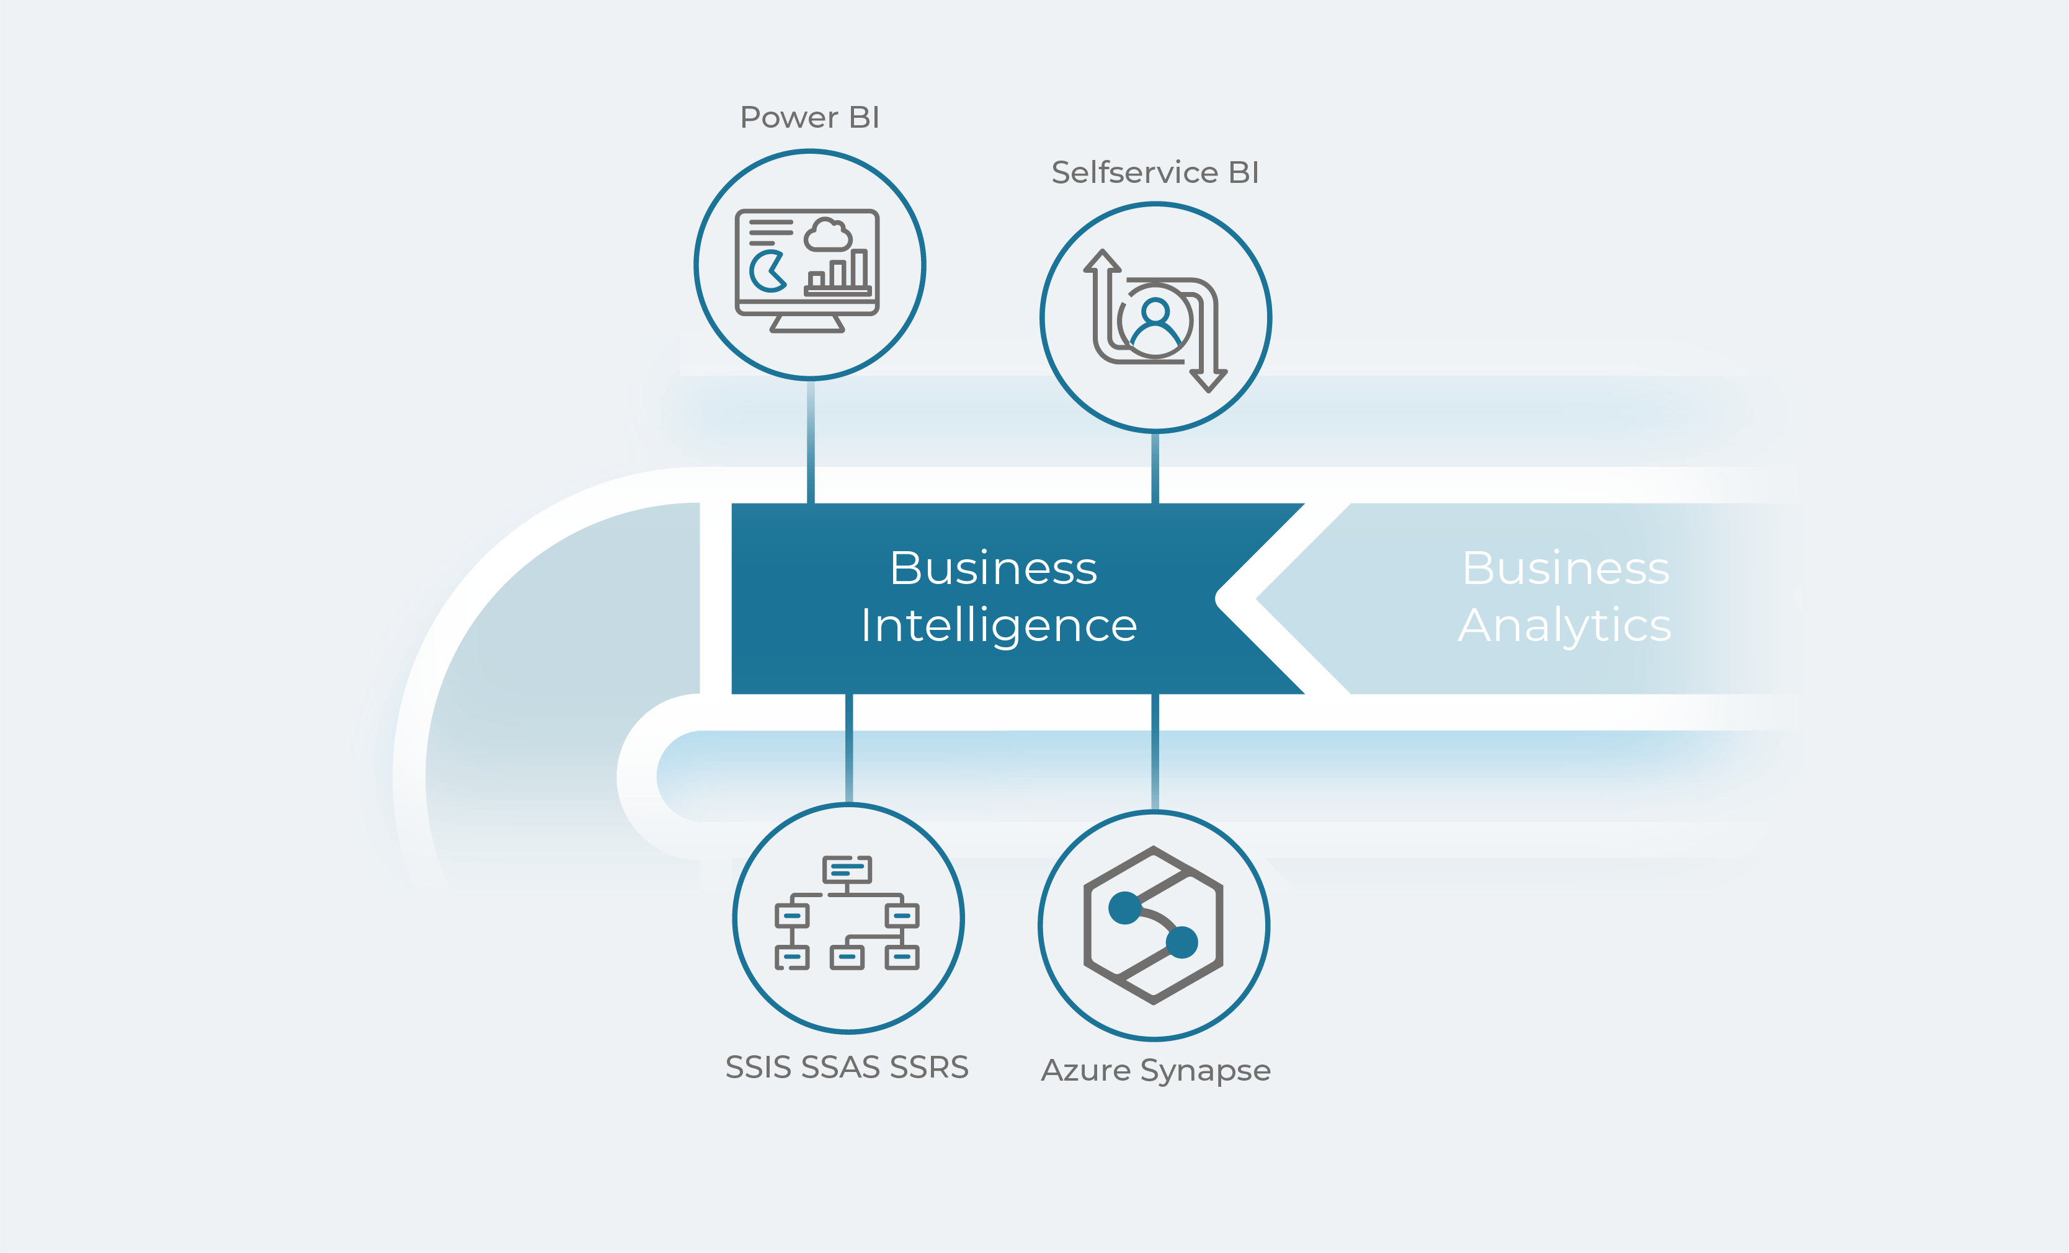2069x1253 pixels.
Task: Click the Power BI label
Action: click(x=809, y=118)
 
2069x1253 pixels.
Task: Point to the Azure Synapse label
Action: click(x=1156, y=1071)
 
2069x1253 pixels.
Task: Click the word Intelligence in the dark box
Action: click(x=999, y=626)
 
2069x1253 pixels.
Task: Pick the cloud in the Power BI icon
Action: click(x=828, y=234)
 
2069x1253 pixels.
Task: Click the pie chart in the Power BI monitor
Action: click(x=767, y=270)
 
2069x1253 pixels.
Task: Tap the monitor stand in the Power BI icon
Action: click(x=807, y=324)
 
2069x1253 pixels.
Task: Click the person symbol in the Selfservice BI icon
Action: click(x=1155, y=323)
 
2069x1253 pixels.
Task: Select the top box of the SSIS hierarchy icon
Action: click(x=847, y=869)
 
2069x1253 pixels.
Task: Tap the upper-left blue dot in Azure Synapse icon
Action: click(x=1124, y=908)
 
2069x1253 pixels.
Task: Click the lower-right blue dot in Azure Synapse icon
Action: click(x=1182, y=942)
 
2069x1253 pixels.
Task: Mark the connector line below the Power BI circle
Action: click(x=811, y=441)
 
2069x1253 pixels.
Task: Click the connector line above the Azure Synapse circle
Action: click(x=1155, y=752)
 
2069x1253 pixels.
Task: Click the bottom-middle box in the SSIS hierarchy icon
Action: click(x=847, y=957)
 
